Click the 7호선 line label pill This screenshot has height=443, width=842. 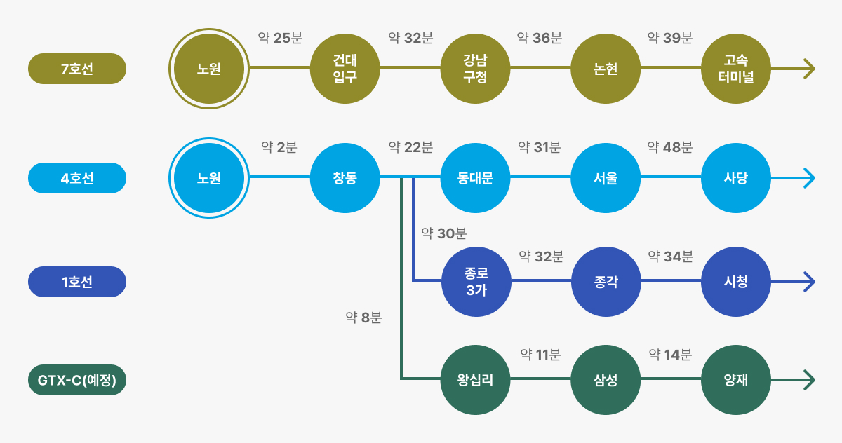coord(77,69)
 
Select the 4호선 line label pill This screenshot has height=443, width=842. coord(77,178)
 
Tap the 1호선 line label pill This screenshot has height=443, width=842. coord(77,282)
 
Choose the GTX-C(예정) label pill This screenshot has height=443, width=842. coord(77,380)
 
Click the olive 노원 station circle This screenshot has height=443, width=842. coord(209,69)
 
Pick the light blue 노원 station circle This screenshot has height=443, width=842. coord(209,178)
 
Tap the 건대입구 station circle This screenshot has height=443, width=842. coord(345,69)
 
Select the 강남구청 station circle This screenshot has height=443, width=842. coord(475,69)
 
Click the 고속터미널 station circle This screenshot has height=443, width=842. coord(736,69)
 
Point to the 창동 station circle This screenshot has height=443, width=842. coord(345,178)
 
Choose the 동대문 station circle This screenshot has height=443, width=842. coord(475,178)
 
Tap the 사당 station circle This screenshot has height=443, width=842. coord(736,178)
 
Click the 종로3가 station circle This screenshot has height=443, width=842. coord(476,282)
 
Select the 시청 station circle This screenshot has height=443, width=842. coord(736,282)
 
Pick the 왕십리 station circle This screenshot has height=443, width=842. coord(475,380)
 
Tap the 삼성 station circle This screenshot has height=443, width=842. coord(606,380)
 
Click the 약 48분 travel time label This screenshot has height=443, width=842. coord(670,147)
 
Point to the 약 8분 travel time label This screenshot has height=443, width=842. coord(363,318)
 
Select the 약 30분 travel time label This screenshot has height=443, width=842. coord(444,233)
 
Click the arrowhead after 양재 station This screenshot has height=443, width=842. coord(809,380)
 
